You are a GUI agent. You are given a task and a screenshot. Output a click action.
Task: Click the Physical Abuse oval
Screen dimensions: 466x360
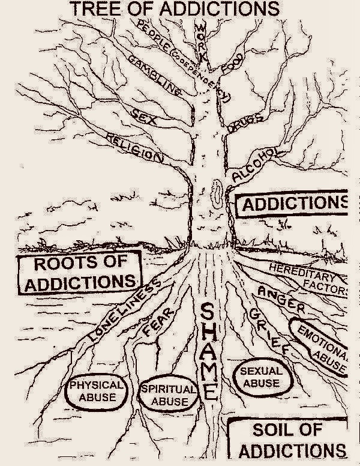coord(96,391)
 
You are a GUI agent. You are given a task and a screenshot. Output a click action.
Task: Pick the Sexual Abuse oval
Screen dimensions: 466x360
coord(260,377)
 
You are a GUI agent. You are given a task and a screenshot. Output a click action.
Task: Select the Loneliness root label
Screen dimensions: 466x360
coord(124,312)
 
